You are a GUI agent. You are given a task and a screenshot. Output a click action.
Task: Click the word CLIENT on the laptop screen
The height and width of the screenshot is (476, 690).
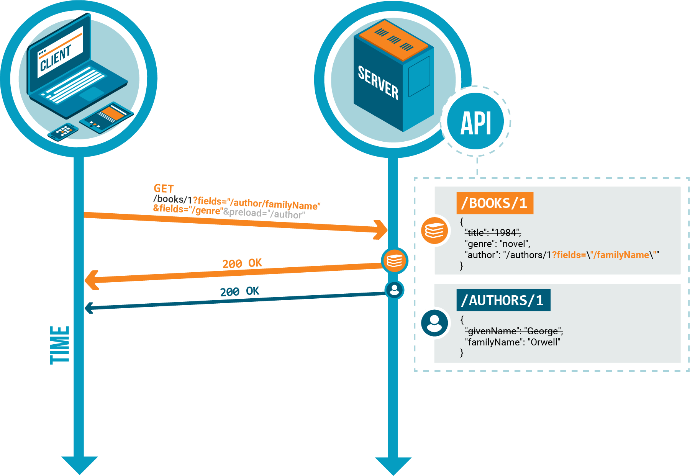(56, 58)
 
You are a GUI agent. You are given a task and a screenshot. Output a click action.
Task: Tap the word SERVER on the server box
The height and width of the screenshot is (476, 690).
(378, 82)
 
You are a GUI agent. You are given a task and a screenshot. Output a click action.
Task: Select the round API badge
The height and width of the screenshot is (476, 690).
(475, 122)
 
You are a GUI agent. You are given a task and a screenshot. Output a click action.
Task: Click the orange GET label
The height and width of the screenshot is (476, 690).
(164, 188)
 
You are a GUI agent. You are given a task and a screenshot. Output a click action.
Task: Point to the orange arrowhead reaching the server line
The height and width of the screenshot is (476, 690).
(382, 230)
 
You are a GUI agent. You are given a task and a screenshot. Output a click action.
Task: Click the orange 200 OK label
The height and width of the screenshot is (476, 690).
(242, 263)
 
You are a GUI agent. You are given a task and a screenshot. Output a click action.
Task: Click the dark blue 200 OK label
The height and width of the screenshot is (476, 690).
(239, 292)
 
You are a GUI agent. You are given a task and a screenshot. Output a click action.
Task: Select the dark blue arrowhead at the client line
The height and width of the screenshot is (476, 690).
(89, 308)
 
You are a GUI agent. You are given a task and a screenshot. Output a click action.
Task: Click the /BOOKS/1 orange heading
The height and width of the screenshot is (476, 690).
(495, 203)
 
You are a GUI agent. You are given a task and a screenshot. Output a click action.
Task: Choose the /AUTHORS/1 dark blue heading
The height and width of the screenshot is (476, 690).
(503, 300)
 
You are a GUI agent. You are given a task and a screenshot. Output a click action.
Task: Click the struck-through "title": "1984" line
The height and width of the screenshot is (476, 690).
(493, 232)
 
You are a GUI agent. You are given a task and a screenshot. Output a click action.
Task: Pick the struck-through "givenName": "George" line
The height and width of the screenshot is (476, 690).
(514, 331)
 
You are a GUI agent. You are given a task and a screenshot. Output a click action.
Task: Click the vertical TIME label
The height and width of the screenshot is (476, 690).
(59, 345)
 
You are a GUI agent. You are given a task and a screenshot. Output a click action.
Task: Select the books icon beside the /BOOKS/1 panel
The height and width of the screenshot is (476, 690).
(434, 231)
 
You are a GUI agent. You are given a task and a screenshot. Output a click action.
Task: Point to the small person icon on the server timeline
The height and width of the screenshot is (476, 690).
(394, 290)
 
